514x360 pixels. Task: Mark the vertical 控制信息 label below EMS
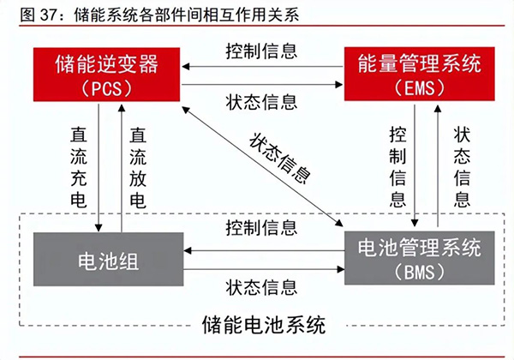(x=397, y=166)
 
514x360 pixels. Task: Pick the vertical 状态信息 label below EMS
(x=462, y=166)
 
